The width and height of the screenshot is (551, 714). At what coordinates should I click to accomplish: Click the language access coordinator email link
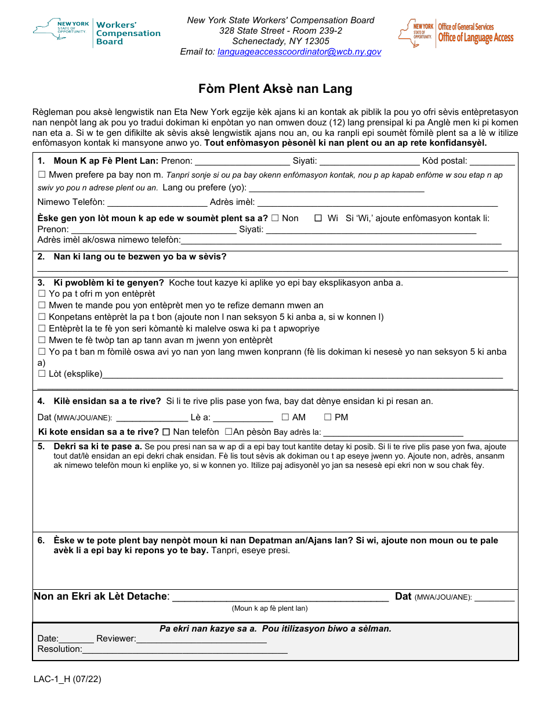(299, 52)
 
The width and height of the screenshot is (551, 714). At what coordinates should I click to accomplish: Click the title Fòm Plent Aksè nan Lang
(275, 89)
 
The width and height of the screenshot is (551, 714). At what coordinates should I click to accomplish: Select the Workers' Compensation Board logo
(97, 33)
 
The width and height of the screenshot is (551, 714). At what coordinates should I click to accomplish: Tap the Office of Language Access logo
(456, 33)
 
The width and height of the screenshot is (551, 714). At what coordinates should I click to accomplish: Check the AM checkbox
(285, 417)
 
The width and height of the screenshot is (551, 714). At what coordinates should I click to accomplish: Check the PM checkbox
(328, 417)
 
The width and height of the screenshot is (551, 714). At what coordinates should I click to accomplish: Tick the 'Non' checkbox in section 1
(275, 218)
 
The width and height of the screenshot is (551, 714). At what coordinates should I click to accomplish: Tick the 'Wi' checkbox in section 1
(318, 218)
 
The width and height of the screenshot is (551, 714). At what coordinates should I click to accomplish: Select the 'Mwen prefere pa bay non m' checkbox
(42, 175)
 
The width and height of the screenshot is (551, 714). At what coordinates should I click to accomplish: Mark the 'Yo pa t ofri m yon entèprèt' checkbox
(42, 294)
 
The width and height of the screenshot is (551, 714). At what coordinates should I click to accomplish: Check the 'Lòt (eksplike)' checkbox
(42, 374)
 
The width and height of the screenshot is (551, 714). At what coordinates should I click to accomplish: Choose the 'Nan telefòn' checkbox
(166, 432)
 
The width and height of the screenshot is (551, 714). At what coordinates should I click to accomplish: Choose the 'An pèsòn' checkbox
(228, 432)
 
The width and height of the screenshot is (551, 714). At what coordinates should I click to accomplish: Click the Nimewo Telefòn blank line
(157, 203)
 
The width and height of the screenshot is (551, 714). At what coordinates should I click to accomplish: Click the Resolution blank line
(185, 650)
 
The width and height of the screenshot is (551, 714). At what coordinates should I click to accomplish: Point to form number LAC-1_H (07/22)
(67, 679)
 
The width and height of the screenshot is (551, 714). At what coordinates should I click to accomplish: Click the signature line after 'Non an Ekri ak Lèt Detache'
(281, 597)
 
